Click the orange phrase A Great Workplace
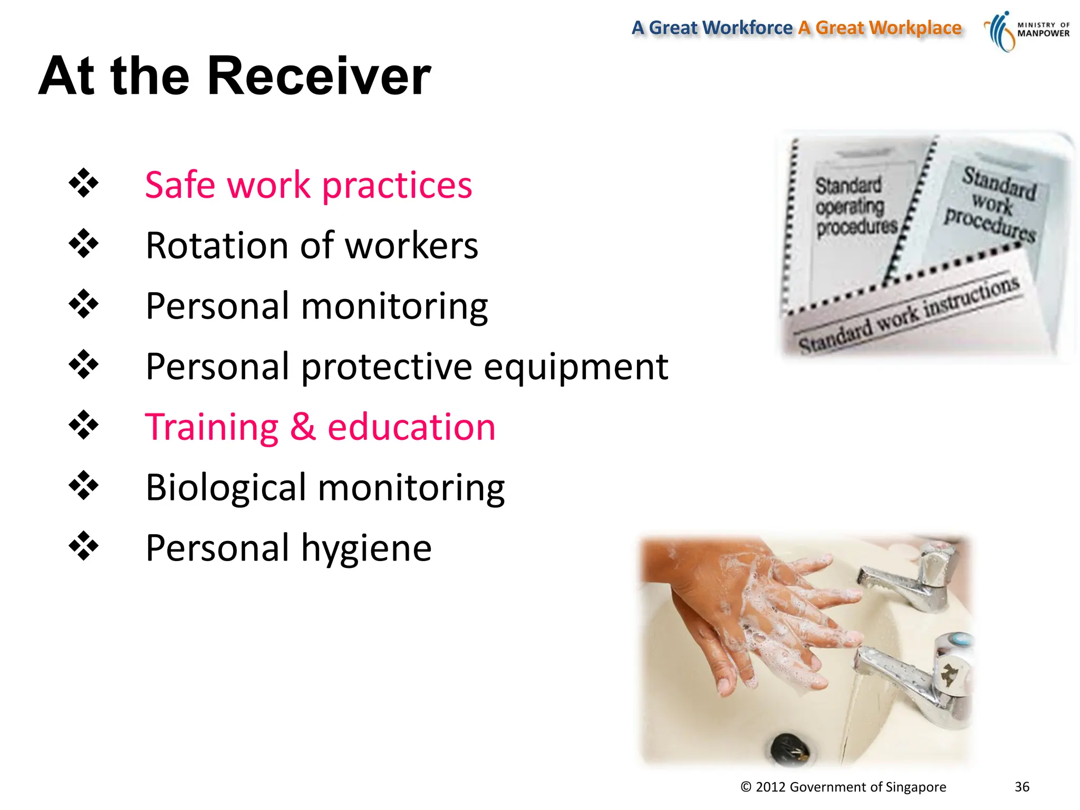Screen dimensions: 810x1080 [x=880, y=27]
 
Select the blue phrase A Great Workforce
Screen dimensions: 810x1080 [x=712, y=27]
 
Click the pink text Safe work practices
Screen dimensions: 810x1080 [x=308, y=185]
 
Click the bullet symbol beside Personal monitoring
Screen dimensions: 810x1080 [x=83, y=304]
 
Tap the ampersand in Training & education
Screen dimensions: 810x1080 [x=303, y=427]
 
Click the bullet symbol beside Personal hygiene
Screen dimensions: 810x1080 [x=83, y=546]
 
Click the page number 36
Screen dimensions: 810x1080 [x=1021, y=787]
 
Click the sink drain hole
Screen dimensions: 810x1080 [x=789, y=748]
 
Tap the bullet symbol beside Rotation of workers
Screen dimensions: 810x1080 [x=83, y=244]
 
